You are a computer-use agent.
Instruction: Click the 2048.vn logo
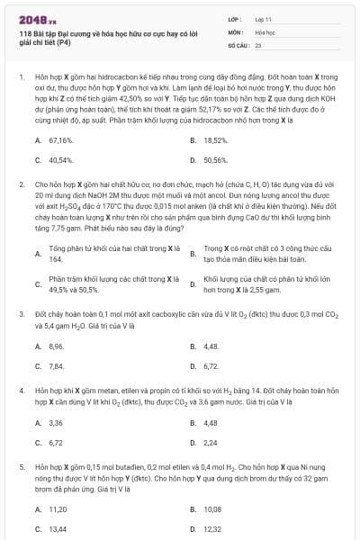tap(38, 18)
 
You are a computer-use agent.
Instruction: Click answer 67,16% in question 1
tap(60, 140)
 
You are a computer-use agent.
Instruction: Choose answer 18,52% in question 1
tap(215, 140)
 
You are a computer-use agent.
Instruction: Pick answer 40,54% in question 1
tap(60, 159)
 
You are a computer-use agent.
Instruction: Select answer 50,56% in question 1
tap(215, 159)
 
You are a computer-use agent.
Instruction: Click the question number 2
tap(21, 184)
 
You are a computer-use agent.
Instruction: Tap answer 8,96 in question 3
tap(56, 346)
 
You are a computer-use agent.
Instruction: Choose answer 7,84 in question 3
tap(56, 366)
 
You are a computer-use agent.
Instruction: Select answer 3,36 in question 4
tap(56, 422)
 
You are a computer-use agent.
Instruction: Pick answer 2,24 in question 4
tap(211, 443)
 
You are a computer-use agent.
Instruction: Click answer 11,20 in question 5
tap(58, 508)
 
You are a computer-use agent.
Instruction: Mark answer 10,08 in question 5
tap(212, 508)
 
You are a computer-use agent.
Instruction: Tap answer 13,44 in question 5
tap(58, 529)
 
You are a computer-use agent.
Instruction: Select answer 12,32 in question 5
tap(212, 529)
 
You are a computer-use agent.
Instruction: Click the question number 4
tap(21, 391)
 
